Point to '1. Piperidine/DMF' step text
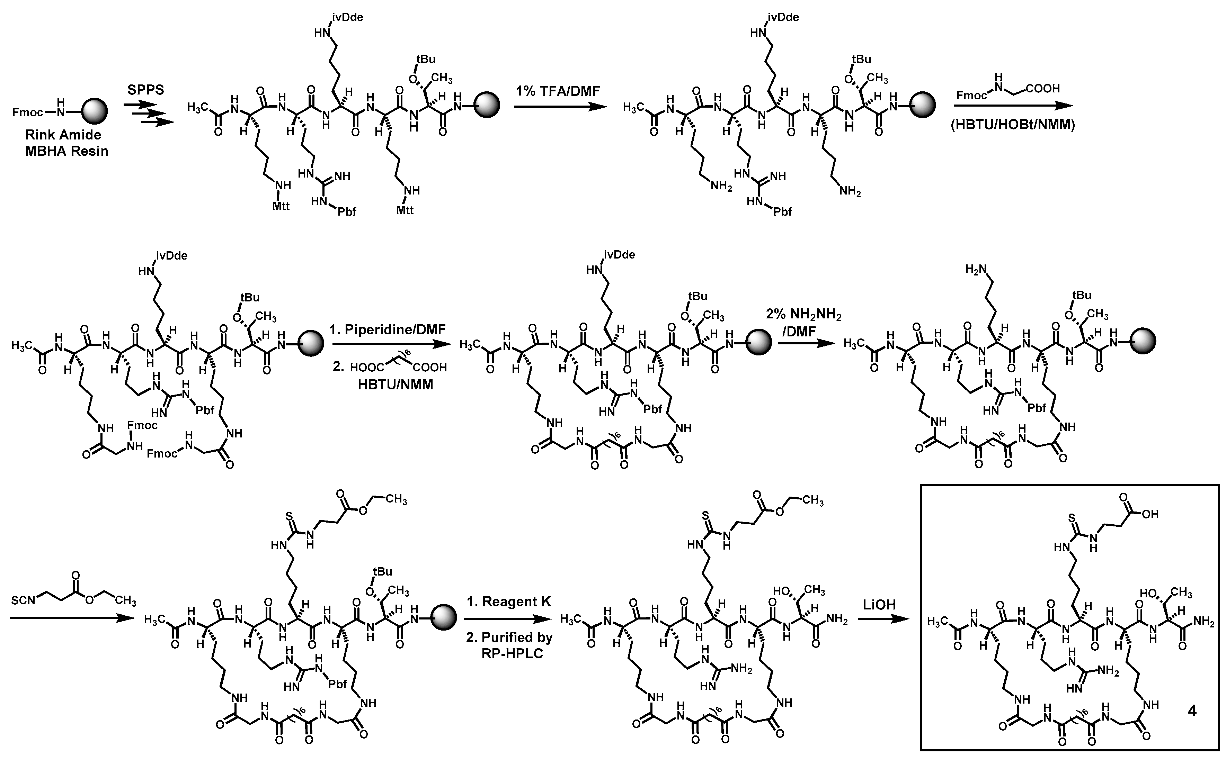[387, 330]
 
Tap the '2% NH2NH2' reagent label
[803, 315]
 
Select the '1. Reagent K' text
[509, 601]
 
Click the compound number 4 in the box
[1191, 710]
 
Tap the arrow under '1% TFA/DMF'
[560, 107]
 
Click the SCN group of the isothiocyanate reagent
[23, 601]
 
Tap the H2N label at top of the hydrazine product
[976, 269]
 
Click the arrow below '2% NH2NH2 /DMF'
[803, 343]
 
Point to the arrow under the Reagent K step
[509, 619]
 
